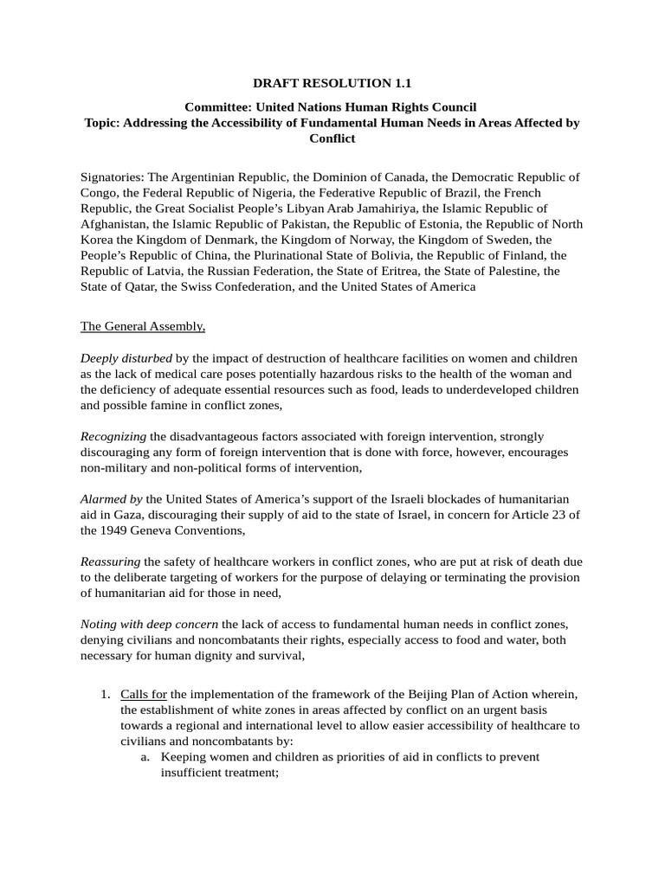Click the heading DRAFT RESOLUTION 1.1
(x=332, y=84)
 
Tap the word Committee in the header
(x=217, y=107)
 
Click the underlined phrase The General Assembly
(x=143, y=326)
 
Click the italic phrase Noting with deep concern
(x=150, y=625)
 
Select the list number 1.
(x=103, y=694)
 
